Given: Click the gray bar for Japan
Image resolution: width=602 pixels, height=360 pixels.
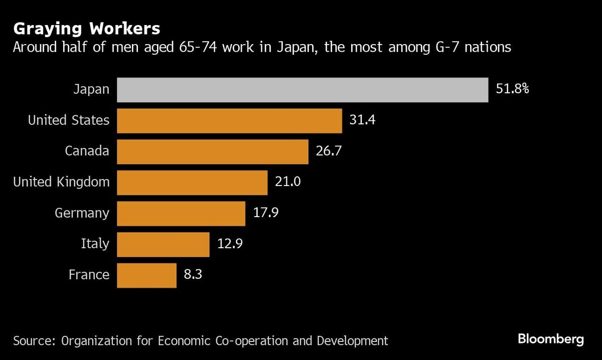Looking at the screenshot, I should pos(303,90).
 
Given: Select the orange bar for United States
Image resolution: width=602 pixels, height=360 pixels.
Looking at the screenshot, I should pos(229,121).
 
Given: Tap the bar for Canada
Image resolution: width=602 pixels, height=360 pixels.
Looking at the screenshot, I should pos(213,151).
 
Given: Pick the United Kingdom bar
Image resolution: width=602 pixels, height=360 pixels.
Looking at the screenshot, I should pos(192,183).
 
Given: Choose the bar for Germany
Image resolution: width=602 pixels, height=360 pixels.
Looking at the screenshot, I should pos(181,214).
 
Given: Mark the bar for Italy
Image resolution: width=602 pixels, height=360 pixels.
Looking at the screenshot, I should pos(163,244).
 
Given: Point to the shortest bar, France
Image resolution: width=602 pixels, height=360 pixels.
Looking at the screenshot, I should pos(146,275).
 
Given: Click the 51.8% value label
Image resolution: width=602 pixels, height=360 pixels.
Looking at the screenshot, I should pos(512,90).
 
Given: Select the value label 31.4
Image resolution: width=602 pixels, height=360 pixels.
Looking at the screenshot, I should pos(361,121).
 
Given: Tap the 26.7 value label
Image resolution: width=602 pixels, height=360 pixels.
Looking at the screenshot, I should pos(328,151).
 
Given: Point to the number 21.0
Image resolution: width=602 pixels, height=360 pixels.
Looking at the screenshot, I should pos(287,183).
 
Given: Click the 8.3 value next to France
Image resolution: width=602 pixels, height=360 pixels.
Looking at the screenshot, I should pos(193,275).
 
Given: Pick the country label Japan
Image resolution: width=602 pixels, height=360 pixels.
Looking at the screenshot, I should pos(91,90).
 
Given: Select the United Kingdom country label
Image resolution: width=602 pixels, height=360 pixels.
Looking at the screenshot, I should pos(61,183).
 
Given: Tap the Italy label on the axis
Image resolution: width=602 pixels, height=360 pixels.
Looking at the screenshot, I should pos(95,244).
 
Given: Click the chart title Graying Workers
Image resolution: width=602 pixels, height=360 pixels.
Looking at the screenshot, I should pos(86,28).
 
